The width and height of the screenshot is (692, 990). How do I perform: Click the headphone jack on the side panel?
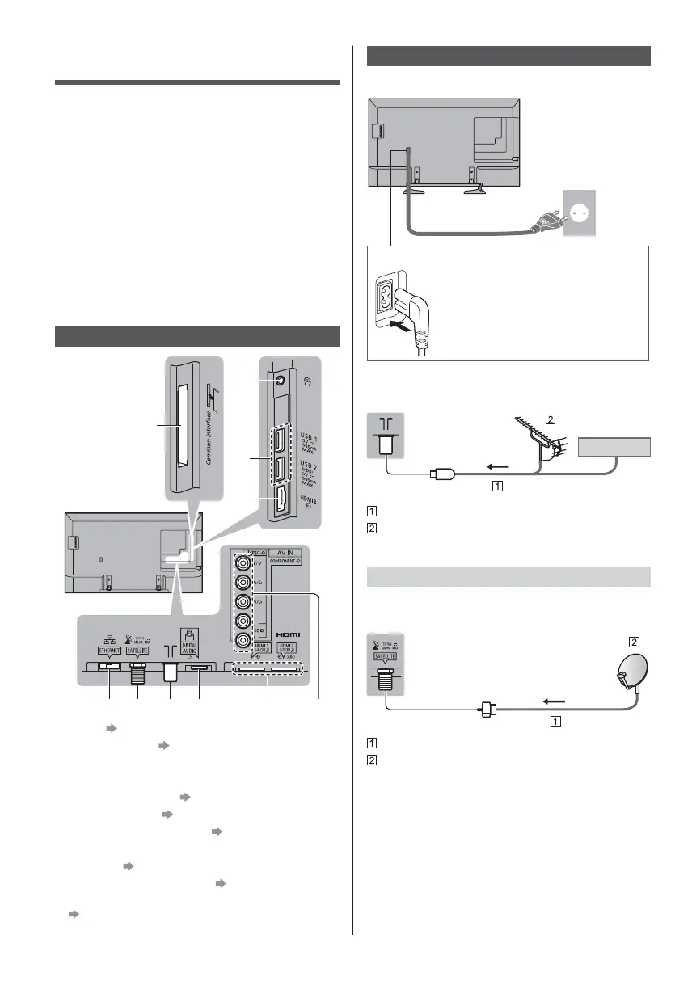[x=279, y=381]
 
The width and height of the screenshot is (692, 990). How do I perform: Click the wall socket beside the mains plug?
[x=580, y=212]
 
